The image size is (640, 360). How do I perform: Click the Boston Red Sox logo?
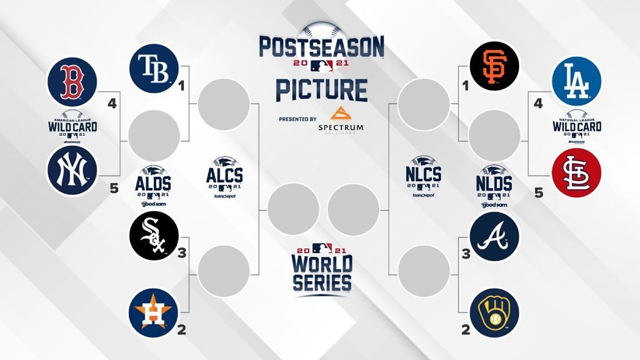(x=72, y=82)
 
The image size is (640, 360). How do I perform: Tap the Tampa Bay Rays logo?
(x=154, y=68)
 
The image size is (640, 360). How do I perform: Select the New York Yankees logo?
(x=72, y=170)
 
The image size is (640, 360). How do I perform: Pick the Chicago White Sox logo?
(x=154, y=236)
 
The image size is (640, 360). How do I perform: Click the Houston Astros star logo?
(x=154, y=313)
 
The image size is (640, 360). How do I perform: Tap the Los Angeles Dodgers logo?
(x=576, y=81)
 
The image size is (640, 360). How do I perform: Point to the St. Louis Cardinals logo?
(x=576, y=173)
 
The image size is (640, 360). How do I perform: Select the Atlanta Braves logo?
(x=494, y=236)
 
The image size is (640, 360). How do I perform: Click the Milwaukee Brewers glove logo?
(x=494, y=313)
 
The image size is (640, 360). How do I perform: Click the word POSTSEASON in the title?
(x=321, y=47)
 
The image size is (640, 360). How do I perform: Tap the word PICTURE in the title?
(x=321, y=90)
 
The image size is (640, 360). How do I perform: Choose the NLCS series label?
(x=423, y=174)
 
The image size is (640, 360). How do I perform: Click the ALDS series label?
(x=153, y=184)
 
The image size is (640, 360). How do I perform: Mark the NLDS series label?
(x=495, y=184)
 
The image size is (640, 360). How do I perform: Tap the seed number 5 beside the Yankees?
(x=114, y=188)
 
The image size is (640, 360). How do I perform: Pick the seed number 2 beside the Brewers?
(x=465, y=330)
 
